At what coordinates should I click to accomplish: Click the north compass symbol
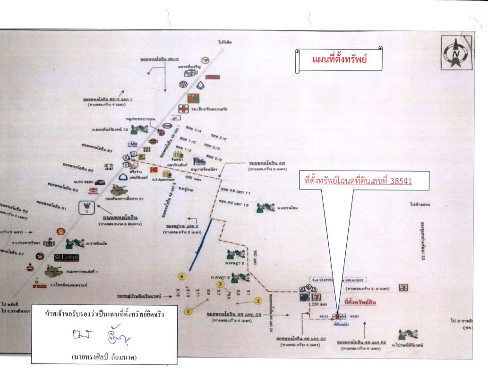point(456,52)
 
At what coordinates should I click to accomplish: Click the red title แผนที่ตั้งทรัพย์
point(340,60)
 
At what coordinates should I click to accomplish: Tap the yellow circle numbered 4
point(182,276)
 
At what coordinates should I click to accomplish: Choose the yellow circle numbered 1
point(188,311)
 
